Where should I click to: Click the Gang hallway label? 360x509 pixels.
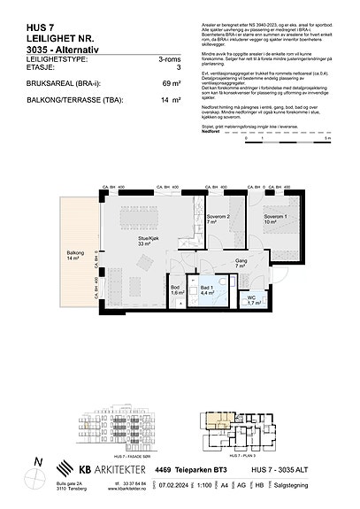pos(241,261)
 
